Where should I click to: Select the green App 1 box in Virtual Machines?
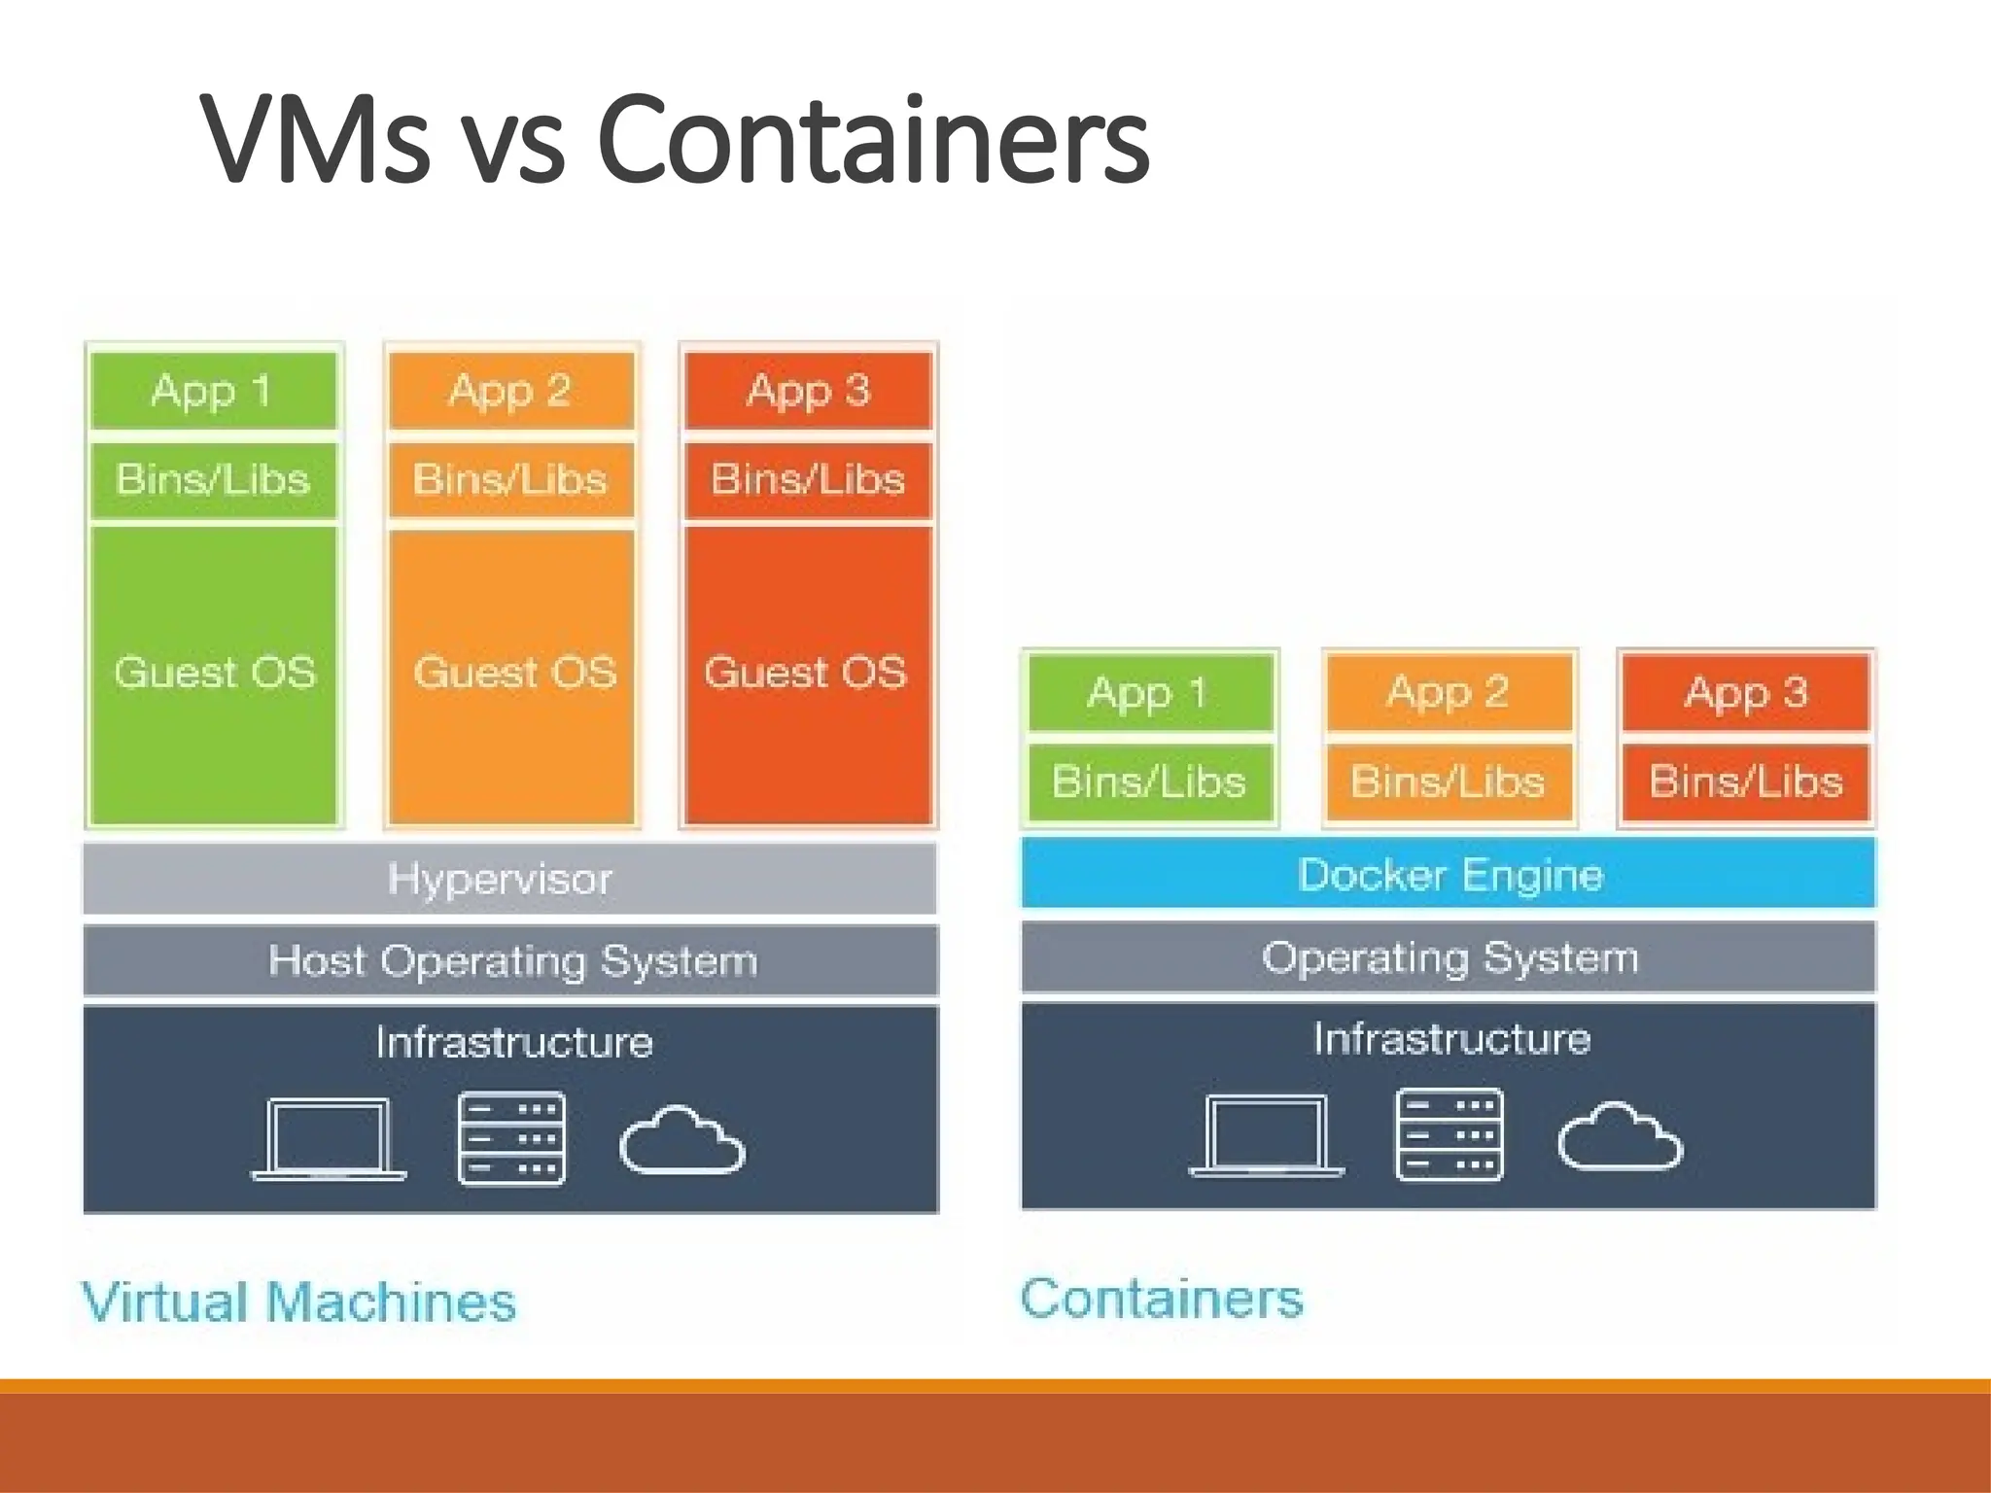click(213, 391)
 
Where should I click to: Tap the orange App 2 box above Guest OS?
click(510, 391)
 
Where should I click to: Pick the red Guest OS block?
click(807, 674)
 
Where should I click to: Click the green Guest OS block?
click(214, 674)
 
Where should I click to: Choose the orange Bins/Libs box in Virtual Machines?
click(510, 479)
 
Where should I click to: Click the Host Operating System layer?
click(511, 961)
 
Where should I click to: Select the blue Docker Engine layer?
click(1449, 874)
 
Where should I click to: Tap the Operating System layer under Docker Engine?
click(1449, 957)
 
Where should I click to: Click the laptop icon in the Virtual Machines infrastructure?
click(330, 1139)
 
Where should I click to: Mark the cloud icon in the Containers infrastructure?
click(1620, 1136)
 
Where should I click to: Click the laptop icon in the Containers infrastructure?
click(1267, 1136)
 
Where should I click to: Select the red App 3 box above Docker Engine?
click(1746, 692)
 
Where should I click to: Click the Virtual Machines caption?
click(298, 1302)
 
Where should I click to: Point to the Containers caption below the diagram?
click(1162, 1299)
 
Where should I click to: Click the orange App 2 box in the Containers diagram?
click(1449, 692)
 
